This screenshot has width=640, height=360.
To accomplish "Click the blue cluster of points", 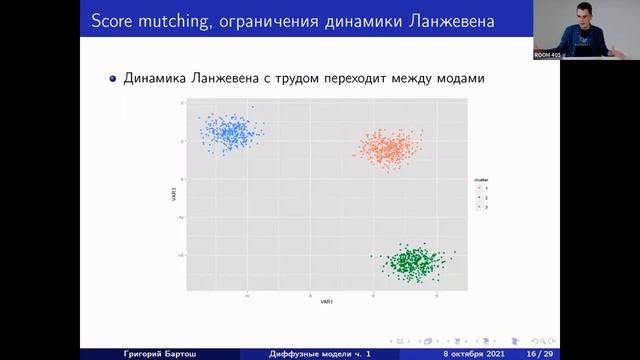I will pos(230,132).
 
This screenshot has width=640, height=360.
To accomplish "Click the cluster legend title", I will pos(482,181).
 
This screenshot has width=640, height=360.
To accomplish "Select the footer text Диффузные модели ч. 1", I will pos(320,353).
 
